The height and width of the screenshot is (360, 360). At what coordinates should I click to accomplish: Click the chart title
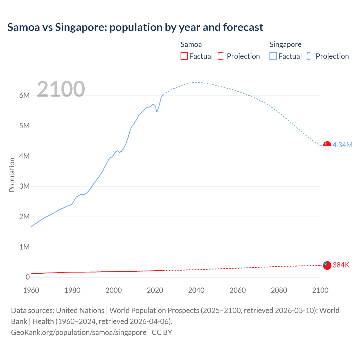click(x=135, y=27)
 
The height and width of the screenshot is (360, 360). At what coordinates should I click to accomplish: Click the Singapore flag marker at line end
click(x=327, y=145)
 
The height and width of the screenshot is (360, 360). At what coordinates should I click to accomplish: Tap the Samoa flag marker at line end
click(x=327, y=265)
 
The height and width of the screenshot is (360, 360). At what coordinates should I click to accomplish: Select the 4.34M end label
click(x=342, y=145)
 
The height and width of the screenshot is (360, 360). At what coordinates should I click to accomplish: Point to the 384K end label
click(x=341, y=265)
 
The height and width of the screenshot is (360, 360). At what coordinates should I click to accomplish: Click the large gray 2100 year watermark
click(x=61, y=89)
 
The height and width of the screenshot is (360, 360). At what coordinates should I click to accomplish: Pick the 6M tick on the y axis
click(x=24, y=95)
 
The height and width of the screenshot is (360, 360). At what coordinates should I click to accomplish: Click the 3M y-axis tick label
click(x=24, y=186)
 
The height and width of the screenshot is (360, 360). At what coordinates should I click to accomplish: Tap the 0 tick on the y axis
click(x=28, y=277)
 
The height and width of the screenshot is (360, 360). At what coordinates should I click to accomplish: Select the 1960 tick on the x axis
click(x=31, y=290)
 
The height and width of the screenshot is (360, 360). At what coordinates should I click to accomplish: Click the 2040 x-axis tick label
click(x=196, y=290)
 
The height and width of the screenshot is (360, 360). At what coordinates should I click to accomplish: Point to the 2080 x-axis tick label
click(x=279, y=290)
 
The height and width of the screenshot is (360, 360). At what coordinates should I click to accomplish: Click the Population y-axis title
click(x=12, y=175)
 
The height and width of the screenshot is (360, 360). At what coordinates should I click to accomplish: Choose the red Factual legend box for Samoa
click(x=184, y=56)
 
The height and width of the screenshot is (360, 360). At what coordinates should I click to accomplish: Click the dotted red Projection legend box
click(x=222, y=56)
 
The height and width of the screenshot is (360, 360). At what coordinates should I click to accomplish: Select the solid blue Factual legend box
click(x=273, y=56)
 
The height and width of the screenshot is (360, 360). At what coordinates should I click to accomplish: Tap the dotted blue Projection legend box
click(x=311, y=56)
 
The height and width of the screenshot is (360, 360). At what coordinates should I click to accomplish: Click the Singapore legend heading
click(x=285, y=44)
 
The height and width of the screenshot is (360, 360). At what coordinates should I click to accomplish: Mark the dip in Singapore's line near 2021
click(x=157, y=112)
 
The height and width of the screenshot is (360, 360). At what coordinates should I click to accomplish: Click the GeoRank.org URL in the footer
click(x=79, y=332)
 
